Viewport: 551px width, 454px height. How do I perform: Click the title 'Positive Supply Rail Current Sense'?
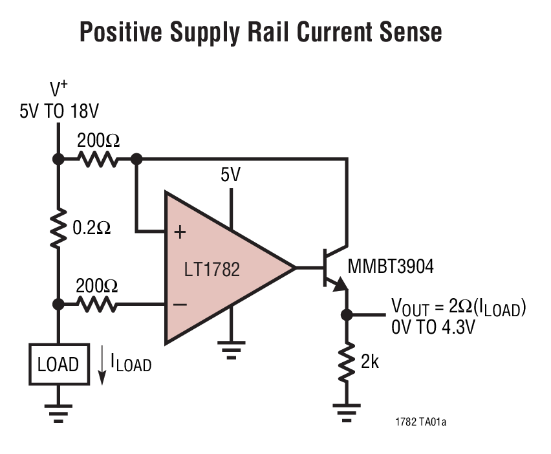click(x=261, y=32)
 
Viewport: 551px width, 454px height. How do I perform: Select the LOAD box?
click(x=58, y=363)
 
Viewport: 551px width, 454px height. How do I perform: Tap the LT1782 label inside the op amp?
click(x=212, y=268)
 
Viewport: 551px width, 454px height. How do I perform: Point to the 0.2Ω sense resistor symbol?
click(x=58, y=228)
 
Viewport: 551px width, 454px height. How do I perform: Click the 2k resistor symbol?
click(x=347, y=362)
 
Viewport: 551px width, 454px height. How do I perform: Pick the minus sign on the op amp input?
click(x=181, y=303)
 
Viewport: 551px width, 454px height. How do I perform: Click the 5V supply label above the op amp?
click(x=230, y=174)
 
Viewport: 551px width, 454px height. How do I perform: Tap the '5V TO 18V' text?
click(x=59, y=111)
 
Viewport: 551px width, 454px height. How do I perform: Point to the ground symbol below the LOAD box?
click(x=58, y=411)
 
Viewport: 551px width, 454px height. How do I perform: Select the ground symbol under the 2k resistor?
click(x=347, y=411)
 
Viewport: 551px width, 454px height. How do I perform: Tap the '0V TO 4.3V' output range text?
click(x=433, y=327)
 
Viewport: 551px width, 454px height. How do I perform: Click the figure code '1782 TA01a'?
click(x=420, y=422)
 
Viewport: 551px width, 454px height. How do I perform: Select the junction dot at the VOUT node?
click(x=347, y=315)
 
